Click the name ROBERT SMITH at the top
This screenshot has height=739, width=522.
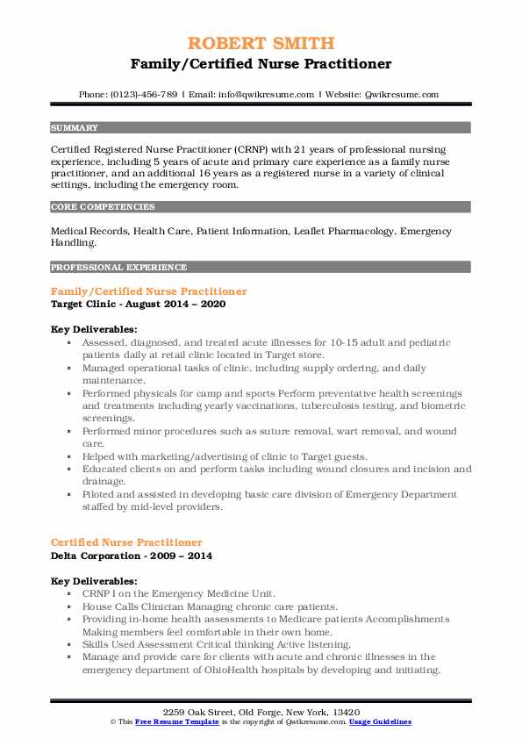point(261,43)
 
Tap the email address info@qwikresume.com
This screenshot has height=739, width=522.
point(263,95)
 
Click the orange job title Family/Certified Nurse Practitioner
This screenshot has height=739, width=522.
point(148,291)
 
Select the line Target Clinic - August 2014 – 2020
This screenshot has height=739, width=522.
point(139,304)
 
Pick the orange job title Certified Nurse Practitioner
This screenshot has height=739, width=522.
point(126,542)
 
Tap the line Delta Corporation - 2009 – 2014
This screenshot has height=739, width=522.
point(132,556)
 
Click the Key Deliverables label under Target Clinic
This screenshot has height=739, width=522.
point(94,329)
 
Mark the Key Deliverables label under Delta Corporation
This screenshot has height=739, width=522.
point(94,581)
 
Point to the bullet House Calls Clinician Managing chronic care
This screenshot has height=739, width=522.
point(210,606)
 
